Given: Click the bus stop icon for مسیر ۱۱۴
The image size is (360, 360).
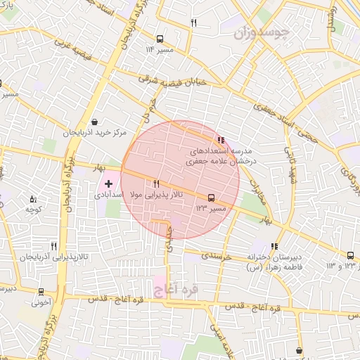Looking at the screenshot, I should pos(160,39).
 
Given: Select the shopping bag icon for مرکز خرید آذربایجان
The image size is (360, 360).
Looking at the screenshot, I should pos(95,122).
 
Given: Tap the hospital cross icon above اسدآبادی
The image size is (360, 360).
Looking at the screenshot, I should pos(108,183).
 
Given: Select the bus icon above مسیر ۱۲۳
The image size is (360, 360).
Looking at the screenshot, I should pos(211,198).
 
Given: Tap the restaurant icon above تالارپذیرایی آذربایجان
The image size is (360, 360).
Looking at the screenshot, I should pos(53,247).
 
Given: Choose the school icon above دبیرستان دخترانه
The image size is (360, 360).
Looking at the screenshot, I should pos(274,246).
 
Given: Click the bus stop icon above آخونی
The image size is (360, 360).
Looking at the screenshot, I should pos(41,292).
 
